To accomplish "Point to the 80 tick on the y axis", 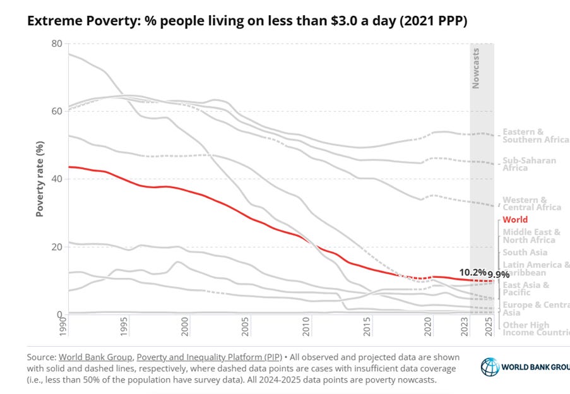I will coord(56,44).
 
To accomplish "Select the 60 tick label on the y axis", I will coord(56,111).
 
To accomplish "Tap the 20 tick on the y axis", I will coord(56,247).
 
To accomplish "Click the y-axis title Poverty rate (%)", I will coord(39,179).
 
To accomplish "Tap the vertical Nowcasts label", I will coord(476,68).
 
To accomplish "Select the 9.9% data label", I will coord(497,275).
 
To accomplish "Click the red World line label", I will coord(515,220).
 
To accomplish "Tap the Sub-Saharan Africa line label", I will coord(529,164).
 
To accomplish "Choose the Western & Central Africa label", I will coord(531,203).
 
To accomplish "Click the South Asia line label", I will coord(524,253).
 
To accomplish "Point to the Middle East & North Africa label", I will coord(528,236).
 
